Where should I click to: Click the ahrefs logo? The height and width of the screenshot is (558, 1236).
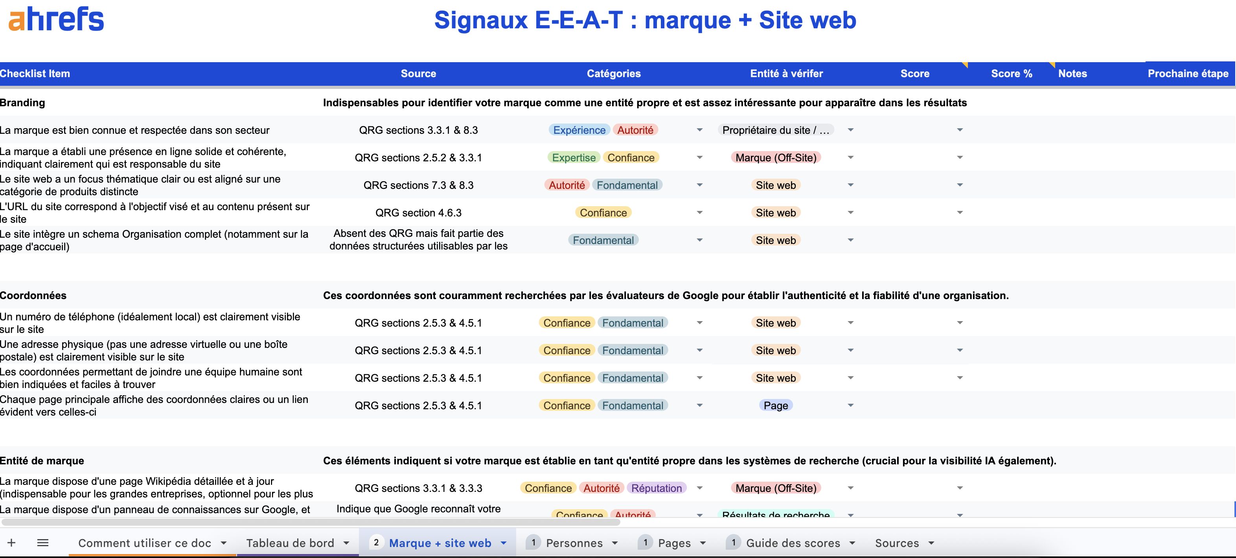(56, 20)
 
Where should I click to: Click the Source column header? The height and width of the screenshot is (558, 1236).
(418, 74)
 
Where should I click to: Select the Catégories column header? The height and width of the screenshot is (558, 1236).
(613, 74)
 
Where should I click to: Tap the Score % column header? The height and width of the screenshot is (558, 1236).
(1011, 74)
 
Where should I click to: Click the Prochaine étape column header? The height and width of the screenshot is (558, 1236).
(1188, 74)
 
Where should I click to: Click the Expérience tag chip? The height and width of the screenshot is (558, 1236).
(579, 130)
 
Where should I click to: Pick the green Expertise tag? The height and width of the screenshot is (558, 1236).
(573, 157)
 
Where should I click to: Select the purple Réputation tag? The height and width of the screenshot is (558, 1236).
(656, 488)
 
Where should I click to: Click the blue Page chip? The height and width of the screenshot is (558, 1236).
(775, 406)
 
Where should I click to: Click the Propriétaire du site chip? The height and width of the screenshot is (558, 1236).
(775, 130)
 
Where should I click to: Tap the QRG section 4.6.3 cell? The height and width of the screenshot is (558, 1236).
(418, 213)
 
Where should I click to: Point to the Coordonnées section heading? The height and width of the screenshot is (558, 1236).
(33, 295)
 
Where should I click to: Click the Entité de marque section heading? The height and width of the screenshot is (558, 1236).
(42, 460)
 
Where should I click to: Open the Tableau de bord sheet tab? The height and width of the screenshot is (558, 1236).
(290, 543)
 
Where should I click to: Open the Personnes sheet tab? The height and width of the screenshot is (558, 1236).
(574, 543)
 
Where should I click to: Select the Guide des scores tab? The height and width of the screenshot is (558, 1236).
(793, 543)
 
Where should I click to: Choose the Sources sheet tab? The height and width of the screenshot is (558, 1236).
(896, 543)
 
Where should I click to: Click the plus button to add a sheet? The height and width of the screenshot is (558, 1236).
(11, 543)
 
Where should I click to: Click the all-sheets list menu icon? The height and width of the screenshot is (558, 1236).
(43, 543)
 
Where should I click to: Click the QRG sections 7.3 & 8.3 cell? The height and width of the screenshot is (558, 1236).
(418, 185)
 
